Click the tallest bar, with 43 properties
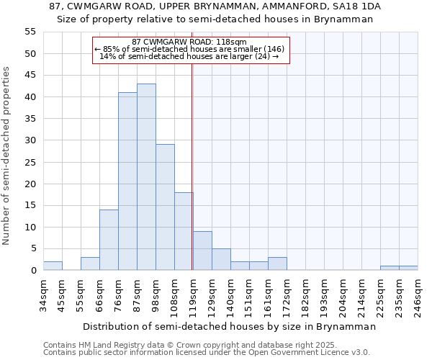pyautogui.click(x=146, y=177)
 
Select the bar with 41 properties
pyautogui.click(x=127, y=181)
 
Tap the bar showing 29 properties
pyautogui.click(x=165, y=207)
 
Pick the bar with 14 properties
pyautogui.click(x=109, y=240)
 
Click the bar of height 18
pyautogui.click(x=184, y=231)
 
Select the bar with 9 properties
pyautogui.click(x=202, y=251)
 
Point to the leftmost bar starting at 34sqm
pyautogui.click(x=53, y=266)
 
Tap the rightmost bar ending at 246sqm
pyautogui.click(x=408, y=268)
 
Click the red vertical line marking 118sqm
pyautogui.click(x=192, y=166)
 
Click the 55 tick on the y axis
pyautogui.click(x=30, y=32)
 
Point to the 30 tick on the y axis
pyautogui.click(x=30, y=140)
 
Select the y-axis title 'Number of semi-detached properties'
pyautogui.click(x=7, y=156)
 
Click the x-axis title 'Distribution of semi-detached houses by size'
pyautogui.click(x=229, y=326)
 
